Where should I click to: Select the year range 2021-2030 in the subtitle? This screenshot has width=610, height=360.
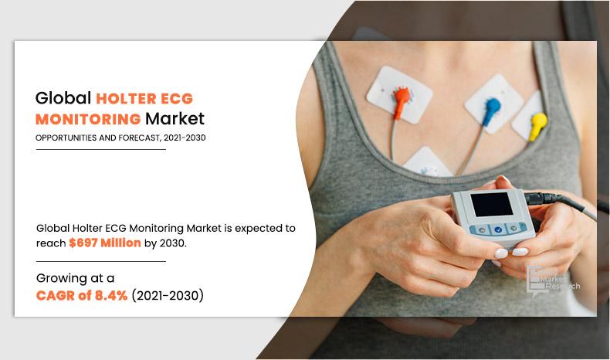(185, 138)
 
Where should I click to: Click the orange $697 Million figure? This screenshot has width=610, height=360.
(105, 243)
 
